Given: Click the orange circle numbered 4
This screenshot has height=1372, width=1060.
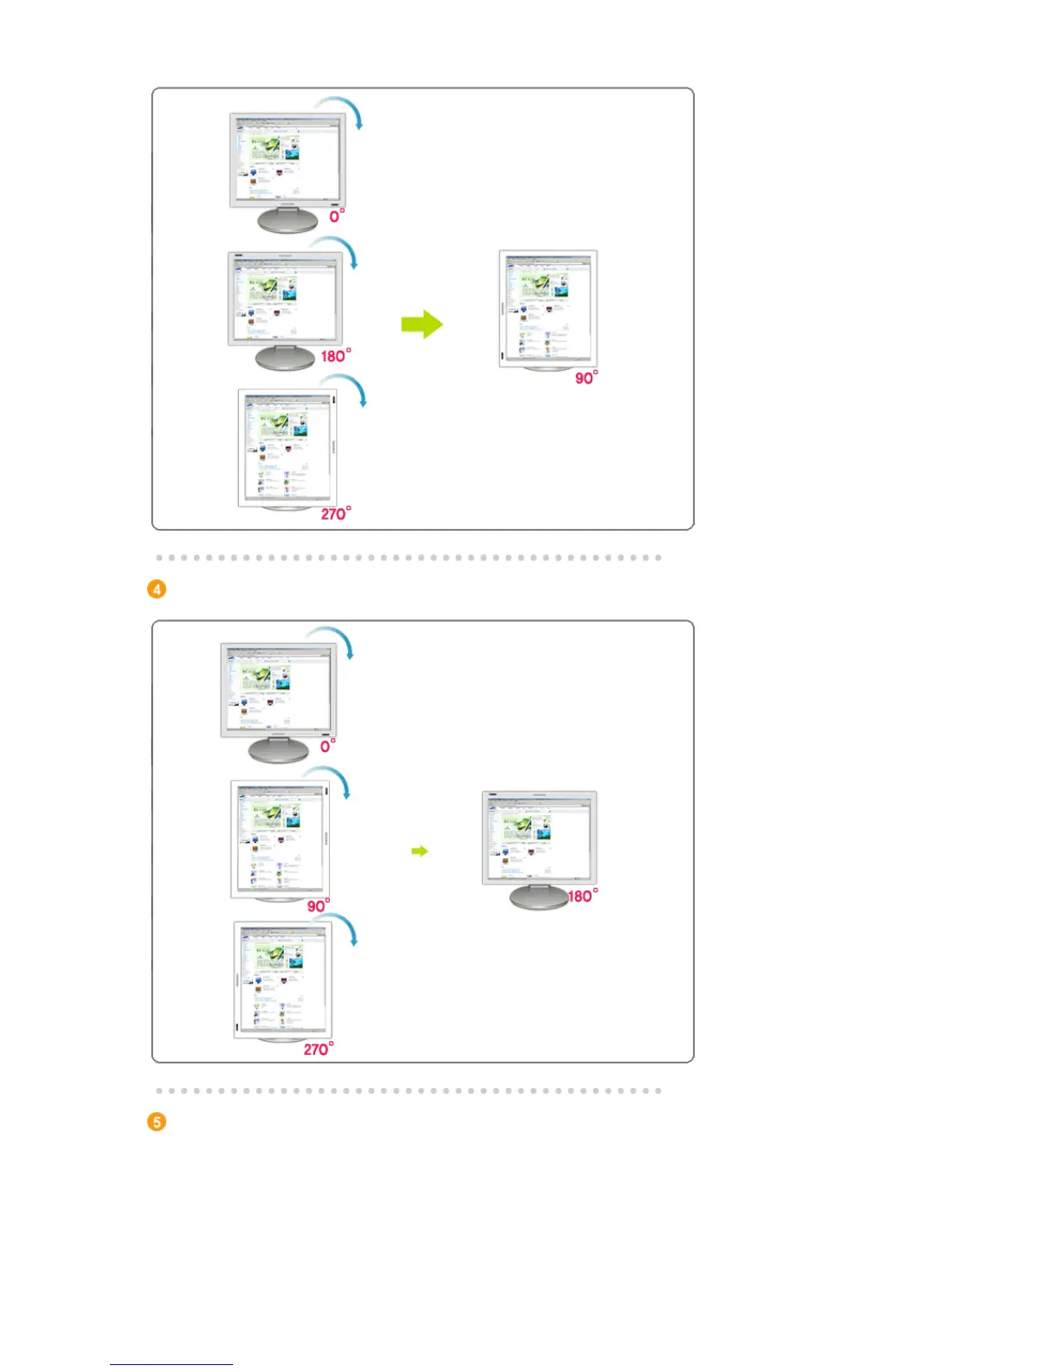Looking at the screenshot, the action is tap(157, 589).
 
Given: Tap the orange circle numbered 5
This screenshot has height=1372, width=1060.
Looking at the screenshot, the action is tap(157, 1122).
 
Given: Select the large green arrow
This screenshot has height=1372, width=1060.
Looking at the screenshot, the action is tap(422, 325).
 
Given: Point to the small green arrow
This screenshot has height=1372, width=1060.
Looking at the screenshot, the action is tap(419, 851).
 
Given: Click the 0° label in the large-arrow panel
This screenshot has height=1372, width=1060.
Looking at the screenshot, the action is tap(336, 216).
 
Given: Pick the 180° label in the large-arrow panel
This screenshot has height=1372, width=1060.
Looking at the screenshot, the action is tap(335, 356).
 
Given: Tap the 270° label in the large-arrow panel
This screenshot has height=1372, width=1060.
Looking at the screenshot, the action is tap(335, 514).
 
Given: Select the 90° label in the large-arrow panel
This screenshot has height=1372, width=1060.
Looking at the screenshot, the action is tap(586, 378).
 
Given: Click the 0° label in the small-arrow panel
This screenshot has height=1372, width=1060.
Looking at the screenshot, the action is tap(327, 746).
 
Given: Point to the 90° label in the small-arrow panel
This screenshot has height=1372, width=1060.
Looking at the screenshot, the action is tap(318, 906).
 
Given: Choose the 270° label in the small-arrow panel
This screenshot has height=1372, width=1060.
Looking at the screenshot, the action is tap(318, 1049).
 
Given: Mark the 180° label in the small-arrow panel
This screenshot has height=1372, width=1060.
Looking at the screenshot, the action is tap(582, 896).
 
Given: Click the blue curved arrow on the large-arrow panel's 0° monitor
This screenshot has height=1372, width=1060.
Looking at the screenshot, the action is tap(343, 109).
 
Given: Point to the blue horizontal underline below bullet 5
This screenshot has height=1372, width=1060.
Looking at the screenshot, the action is tap(171, 1364).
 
